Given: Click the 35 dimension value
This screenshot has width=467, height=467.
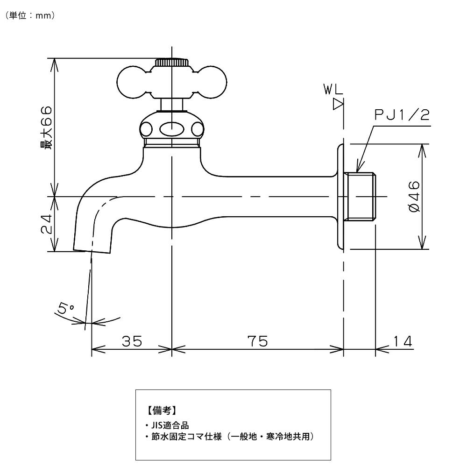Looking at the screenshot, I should click(x=132, y=341).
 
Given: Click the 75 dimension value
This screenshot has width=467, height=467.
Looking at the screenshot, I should click(x=257, y=341).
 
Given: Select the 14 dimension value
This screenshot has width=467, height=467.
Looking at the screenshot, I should click(x=403, y=341).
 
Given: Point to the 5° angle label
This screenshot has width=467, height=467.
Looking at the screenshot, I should click(x=66, y=308).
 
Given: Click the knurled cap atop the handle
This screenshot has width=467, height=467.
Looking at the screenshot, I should click(x=172, y=62).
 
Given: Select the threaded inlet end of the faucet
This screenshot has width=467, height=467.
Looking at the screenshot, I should click(x=362, y=197).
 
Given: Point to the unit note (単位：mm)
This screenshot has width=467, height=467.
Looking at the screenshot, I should click(x=31, y=15).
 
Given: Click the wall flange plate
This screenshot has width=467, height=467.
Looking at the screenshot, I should click(x=340, y=197).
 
